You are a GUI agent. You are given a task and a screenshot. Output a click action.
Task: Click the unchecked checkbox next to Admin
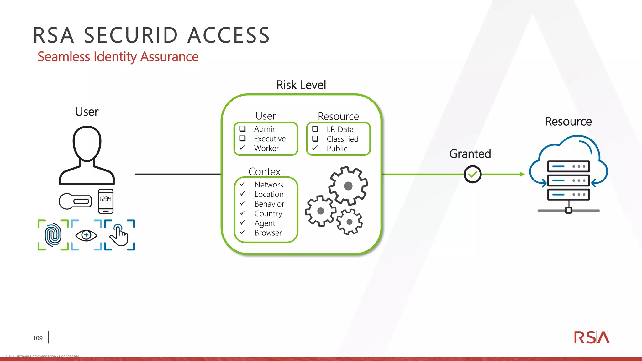point(243,129)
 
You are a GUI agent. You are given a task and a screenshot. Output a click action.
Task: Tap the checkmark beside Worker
point(242,148)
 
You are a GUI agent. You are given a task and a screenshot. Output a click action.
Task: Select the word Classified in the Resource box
point(342,139)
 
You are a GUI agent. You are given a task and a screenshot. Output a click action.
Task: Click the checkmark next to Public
point(315,148)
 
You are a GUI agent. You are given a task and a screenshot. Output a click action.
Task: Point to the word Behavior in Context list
point(269,204)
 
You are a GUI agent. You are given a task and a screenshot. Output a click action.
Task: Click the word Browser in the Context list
point(268,233)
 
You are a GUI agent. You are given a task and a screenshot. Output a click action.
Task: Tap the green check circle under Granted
point(472,175)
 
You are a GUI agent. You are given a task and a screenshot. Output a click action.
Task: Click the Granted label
point(470,154)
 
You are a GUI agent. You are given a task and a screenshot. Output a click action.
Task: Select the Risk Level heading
point(301,85)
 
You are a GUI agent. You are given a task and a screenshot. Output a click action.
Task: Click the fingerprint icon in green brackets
point(53,235)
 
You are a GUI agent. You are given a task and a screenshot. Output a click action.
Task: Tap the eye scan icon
point(86,235)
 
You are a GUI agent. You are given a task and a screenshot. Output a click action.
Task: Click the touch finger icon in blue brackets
point(119,235)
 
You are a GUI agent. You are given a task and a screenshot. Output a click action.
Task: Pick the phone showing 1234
point(106,201)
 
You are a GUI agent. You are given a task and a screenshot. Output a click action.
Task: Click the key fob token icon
point(75,201)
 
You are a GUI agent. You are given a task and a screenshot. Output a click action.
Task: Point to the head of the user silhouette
point(87,144)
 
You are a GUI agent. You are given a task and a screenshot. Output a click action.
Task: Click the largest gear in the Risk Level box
point(348,186)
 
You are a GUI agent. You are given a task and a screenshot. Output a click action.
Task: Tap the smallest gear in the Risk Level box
point(350,222)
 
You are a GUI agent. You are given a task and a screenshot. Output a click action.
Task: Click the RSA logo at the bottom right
point(592,337)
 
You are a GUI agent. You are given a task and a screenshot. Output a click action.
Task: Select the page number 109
point(38,338)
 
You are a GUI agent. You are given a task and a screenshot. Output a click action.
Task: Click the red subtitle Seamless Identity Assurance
point(118,57)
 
